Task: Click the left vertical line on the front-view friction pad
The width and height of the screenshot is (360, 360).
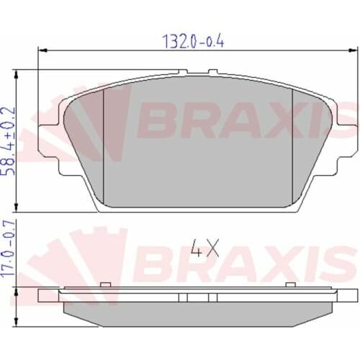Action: click(x=105, y=144)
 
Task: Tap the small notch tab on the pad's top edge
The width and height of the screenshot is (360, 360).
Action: click(x=212, y=72)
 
